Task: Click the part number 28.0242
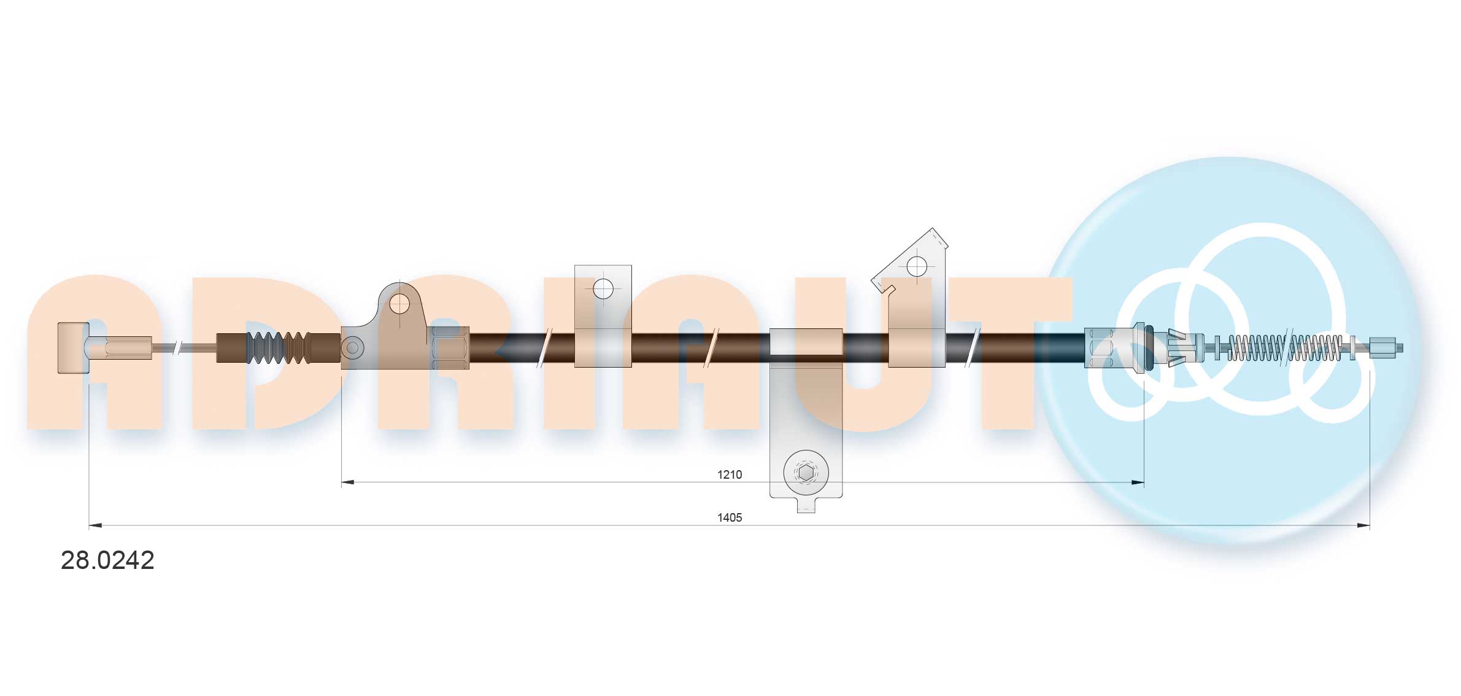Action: [x=107, y=560]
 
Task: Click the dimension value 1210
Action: [x=730, y=474]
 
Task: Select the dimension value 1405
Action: [x=730, y=517]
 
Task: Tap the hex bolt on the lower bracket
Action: [x=806, y=473]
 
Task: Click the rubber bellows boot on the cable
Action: [x=279, y=348]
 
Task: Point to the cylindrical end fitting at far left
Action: [x=73, y=347]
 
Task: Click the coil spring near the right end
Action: [x=1284, y=348]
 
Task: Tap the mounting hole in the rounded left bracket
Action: [x=399, y=303]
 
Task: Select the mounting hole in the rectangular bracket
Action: [x=603, y=288]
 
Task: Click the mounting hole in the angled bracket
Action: [x=917, y=266]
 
